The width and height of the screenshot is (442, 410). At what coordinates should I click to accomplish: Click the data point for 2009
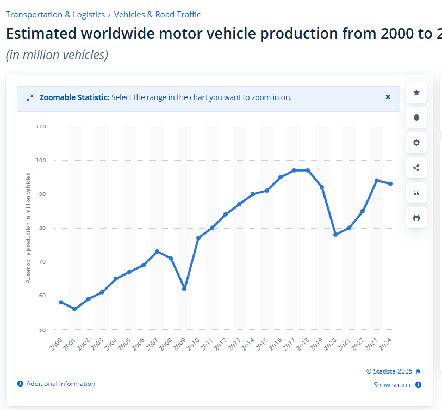click(184, 289)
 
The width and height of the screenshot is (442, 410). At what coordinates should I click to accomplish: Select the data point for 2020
click(335, 235)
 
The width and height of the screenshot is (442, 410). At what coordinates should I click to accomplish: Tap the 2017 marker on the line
click(294, 170)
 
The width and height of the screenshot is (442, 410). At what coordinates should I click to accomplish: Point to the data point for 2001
click(74, 309)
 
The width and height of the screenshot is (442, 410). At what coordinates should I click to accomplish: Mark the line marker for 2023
click(377, 180)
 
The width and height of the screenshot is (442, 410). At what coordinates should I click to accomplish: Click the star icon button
click(416, 93)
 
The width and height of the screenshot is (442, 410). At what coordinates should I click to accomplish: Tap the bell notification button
click(416, 118)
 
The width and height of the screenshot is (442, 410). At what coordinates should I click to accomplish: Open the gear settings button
click(416, 143)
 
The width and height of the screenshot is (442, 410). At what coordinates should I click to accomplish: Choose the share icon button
click(416, 168)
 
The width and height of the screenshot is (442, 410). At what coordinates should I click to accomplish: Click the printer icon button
click(416, 218)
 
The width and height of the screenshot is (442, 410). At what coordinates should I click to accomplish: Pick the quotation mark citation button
click(416, 193)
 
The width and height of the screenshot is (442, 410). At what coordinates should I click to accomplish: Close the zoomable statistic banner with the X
click(388, 97)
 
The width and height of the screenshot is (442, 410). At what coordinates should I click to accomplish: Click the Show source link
click(393, 385)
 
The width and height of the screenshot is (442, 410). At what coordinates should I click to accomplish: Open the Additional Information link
click(60, 384)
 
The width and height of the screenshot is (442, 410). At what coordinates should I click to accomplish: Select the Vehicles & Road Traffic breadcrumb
click(157, 15)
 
